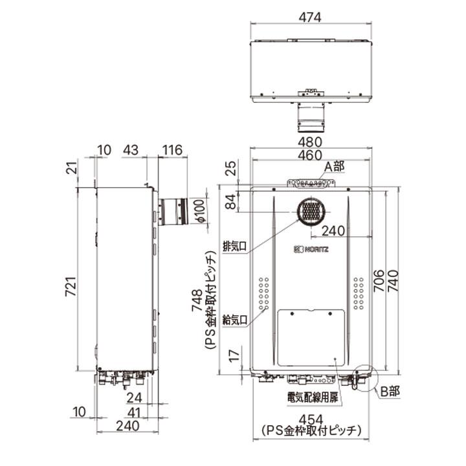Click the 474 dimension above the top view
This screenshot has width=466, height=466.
click(x=311, y=17)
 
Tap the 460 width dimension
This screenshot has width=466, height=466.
click(x=311, y=155)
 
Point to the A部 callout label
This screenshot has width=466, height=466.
click(x=335, y=166)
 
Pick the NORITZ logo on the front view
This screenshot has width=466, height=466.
click(x=312, y=249)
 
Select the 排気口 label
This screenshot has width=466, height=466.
click(x=234, y=247)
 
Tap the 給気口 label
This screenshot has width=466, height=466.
click(x=234, y=320)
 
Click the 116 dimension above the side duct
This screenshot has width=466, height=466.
click(x=172, y=150)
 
